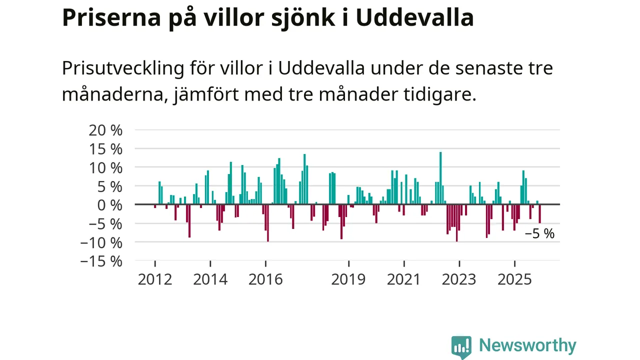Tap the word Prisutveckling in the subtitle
123,68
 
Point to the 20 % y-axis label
105,130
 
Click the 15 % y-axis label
105,149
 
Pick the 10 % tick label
105,167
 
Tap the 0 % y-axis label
109,205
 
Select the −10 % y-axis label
101,242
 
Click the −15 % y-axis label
101,261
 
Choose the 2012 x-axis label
155,279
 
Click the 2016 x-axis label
265,279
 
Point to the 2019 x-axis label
348,279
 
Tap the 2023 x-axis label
459,279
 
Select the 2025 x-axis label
514,279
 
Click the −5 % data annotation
539,234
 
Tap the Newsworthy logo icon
461,346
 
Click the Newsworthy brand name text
527,345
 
